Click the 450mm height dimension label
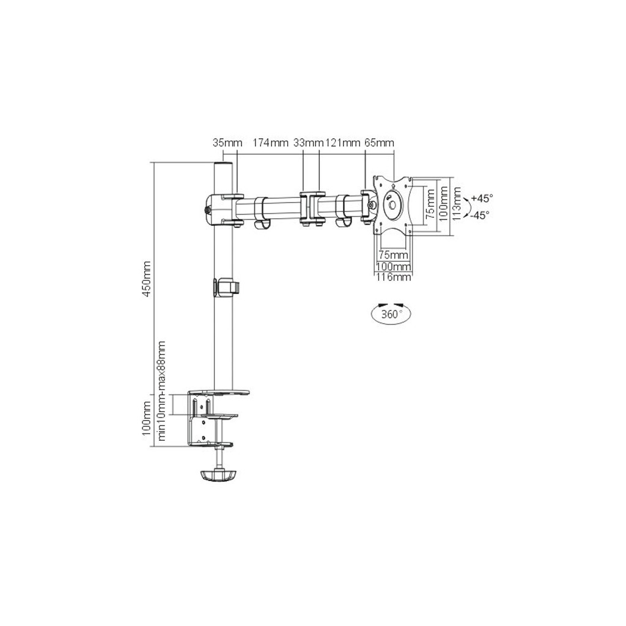click(146, 279)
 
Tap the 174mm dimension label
click(270, 143)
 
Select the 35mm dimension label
click(227, 143)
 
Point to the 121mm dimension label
click(342, 143)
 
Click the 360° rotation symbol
click(391, 314)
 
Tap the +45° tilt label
click(482, 198)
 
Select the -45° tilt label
click(481, 215)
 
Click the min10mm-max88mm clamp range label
click(163, 391)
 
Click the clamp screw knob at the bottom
click(218, 474)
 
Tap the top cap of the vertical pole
click(224, 166)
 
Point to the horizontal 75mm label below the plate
click(393, 254)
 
